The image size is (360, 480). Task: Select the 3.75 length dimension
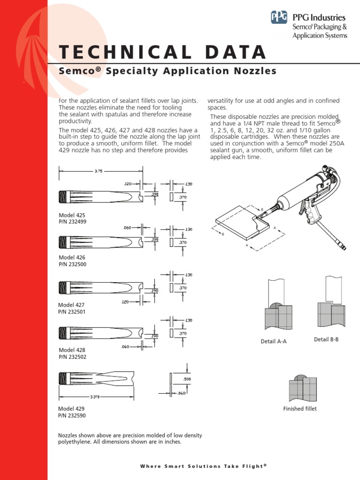tap(98, 172)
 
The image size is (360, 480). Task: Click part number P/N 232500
tap(72, 264)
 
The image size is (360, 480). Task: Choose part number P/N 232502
tap(72, 357)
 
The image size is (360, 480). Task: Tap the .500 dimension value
tap(187, 378)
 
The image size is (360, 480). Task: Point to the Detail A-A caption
tap(273, 342)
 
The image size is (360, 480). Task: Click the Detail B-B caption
tap(326, 339)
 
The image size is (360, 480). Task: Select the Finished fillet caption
tap(300, 409)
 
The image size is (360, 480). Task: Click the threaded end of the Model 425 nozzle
tap(64, 195)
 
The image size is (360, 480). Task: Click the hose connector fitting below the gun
tap(344, 246)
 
